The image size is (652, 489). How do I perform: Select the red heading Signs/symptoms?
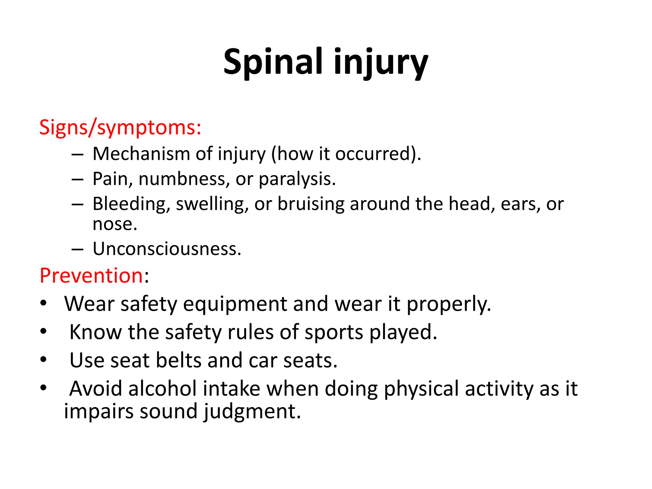click(120, 127)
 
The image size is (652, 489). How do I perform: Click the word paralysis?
click(297, 179)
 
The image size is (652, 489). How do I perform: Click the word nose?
click(115, 224)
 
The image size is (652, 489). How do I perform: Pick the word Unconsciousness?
click(167, 249)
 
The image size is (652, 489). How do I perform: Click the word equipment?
click(235, 304)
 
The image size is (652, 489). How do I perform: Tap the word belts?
click(179, 360)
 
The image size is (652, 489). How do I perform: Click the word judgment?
click(252, 411)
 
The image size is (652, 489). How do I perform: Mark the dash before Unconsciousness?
click(77, 249)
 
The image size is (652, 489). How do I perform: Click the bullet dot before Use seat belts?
click(44, 360)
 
